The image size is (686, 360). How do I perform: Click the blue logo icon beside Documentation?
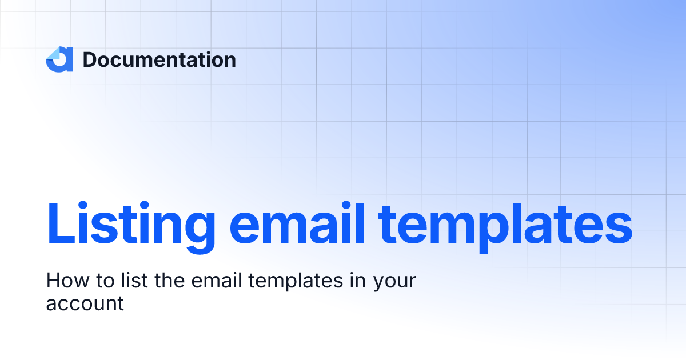point(59,59)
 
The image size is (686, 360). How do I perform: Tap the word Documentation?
point(159,59)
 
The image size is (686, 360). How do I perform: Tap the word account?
point(85,303)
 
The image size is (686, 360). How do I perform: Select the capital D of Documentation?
point(91,59)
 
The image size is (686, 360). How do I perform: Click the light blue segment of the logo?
point(53,54)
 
